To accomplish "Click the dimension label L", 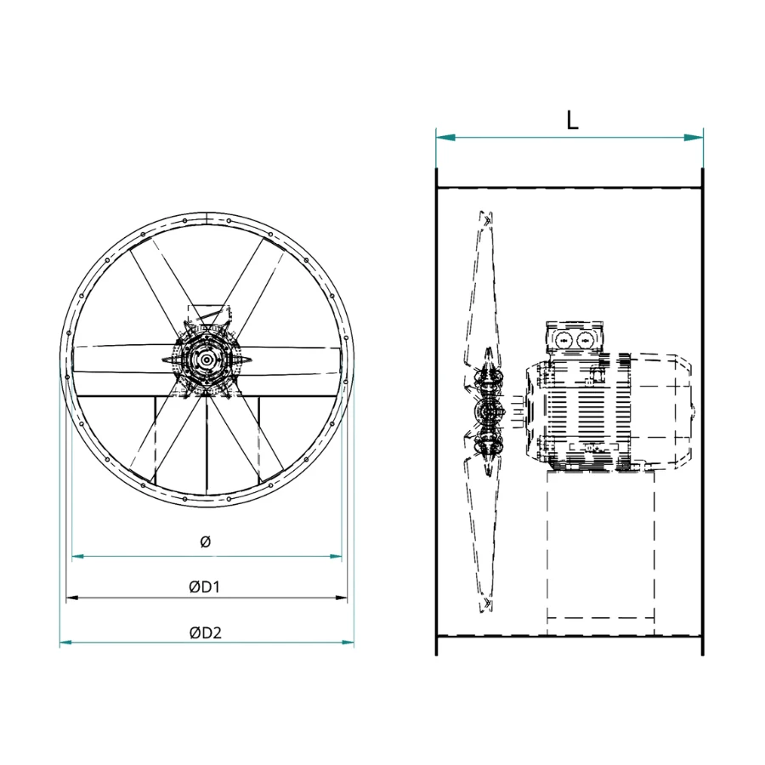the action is [572, 120].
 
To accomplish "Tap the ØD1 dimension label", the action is [204, 586].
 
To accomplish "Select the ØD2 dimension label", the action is [206, 632].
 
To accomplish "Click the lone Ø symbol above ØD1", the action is [206, 541].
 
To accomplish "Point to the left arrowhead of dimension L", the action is [445, 138].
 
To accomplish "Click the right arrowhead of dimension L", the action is [694, 138].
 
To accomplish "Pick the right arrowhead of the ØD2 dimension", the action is [348, 643].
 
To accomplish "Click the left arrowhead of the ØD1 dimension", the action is [72, 598].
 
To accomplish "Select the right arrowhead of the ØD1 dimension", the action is [341, 598].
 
